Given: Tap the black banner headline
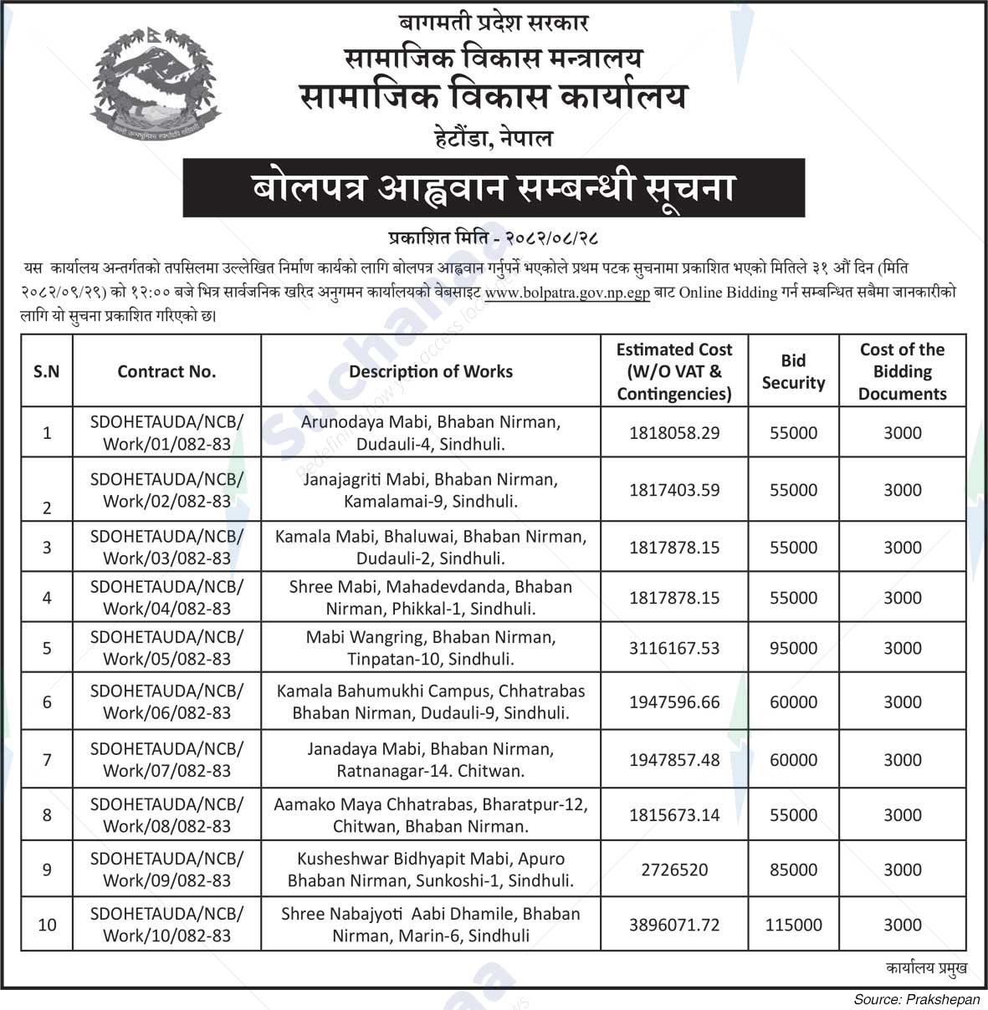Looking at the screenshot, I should pos(494,188).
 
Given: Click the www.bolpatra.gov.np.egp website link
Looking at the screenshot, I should pos(567,293).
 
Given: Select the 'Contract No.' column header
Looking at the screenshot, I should pos(166,371).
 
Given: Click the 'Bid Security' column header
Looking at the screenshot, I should pos(793,371).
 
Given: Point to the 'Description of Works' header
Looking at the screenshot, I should pos(431,371).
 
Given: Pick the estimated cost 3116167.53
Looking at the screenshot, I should pos(674,648).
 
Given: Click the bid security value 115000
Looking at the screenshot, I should pos(793,925).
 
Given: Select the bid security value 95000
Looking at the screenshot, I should pos(793,648).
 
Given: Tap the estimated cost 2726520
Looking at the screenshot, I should pos(674,870).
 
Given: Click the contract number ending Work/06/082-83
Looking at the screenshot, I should pos(166,701).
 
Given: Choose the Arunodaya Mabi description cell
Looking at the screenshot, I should pos(431,433).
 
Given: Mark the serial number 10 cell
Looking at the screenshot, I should pos(47,925).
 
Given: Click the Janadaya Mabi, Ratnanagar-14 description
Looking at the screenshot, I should pos(431,760).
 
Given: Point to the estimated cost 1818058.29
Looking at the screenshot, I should pos(674,433).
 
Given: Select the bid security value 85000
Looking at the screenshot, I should pos(793,870).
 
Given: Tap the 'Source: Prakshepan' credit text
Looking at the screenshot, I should pos(915,999).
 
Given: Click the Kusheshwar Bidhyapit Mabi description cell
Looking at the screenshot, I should pos(431,870).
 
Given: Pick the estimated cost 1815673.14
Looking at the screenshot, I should pos(674,815).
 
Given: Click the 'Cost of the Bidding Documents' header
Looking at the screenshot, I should pos(902,371).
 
